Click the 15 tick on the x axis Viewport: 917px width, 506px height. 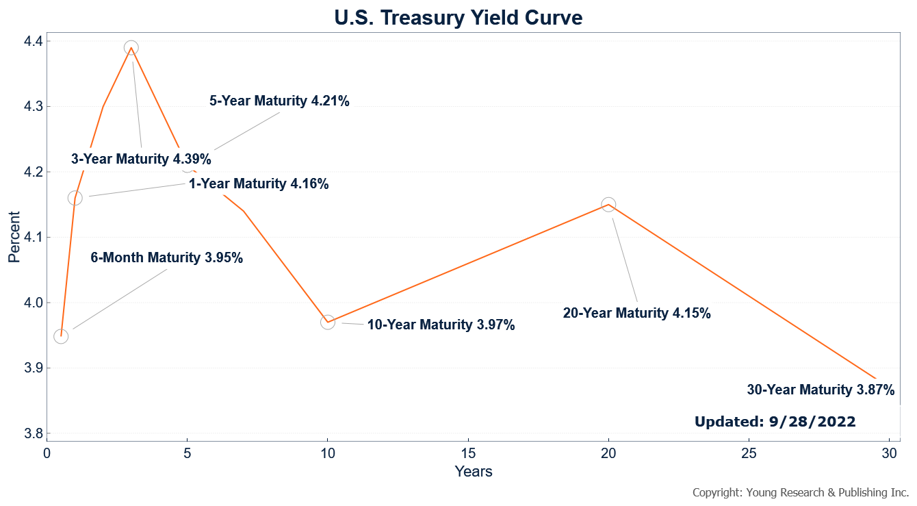(468, 453)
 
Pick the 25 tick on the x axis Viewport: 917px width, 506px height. (749, 453)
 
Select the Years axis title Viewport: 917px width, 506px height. (473, 471)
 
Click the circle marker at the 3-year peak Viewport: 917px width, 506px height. (131, 48)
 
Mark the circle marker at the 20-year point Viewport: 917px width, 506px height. (608, 205)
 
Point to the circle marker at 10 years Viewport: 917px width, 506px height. (328, 322)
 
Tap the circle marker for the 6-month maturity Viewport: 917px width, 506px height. (61, 336)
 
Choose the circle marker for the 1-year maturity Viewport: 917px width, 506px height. (75, 198)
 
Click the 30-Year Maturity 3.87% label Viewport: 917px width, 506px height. (821, 390)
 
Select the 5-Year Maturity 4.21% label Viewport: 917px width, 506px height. (279, 101)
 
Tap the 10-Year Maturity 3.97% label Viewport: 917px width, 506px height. (441, 325)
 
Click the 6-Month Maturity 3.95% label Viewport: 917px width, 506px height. (166, 258)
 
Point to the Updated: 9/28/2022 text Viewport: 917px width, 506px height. (775, 422)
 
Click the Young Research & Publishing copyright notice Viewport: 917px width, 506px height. (800, 492)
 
